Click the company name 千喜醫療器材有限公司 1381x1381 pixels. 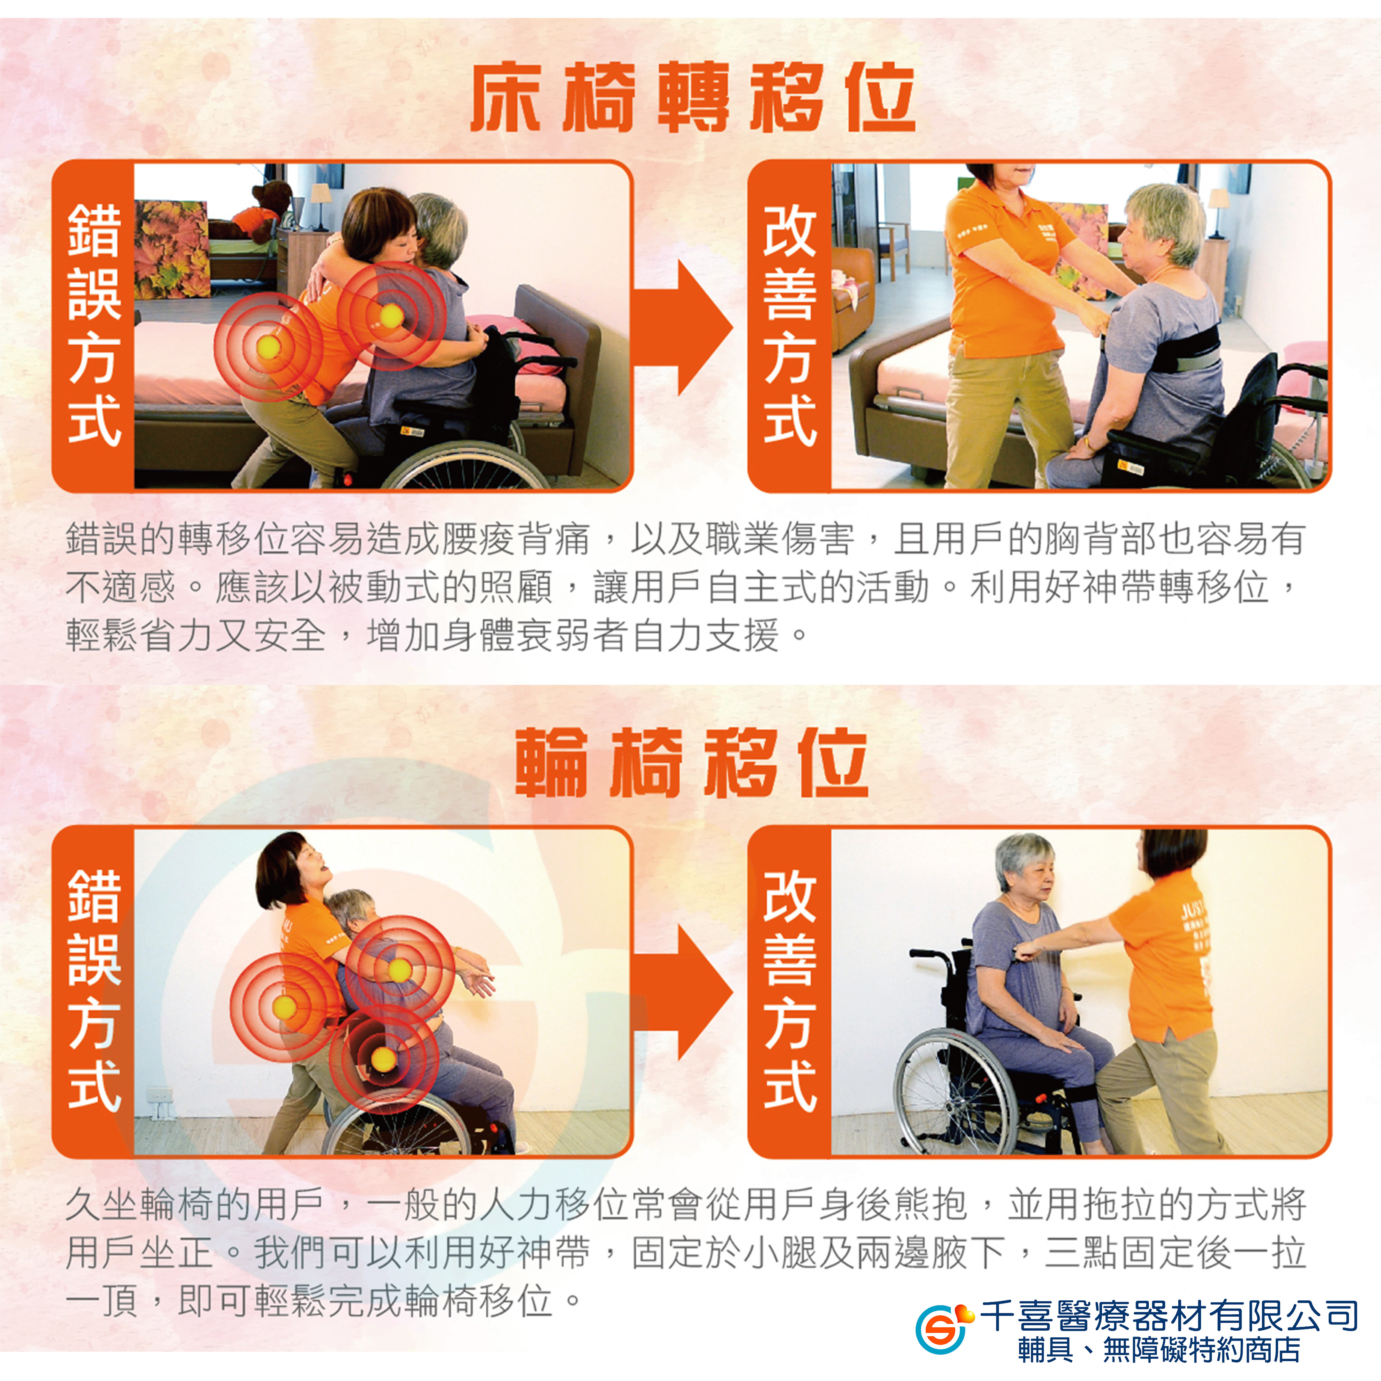(1168, 1314)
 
